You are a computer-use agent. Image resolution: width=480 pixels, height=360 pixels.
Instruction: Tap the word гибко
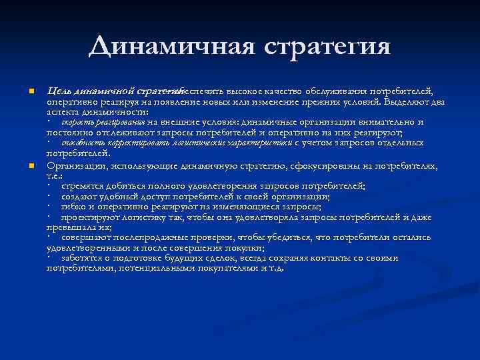73,206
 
